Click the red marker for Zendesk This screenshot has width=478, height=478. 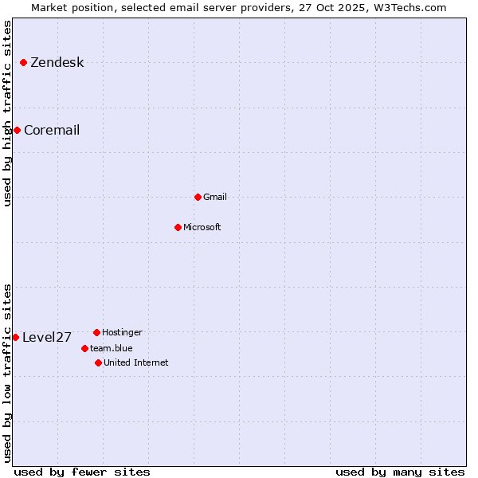[24, 62]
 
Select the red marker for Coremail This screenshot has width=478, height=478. [17, 130]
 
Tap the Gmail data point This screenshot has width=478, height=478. [198, 197]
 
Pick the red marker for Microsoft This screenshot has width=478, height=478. [178, 227]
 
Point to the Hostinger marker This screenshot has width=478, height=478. [96, 332]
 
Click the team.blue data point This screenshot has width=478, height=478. [84, 348]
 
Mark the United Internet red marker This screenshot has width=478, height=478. [98, 362]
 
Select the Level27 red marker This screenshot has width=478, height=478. [15, 337]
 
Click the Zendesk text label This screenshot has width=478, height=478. [57, 63]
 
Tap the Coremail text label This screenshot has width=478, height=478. [52, 131]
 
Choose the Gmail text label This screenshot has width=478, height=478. [215, 198]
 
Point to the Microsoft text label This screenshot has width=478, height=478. [202, 228]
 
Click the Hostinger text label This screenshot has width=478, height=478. [122, 333]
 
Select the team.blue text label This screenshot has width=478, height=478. [112, 349]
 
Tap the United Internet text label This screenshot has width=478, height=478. [136, 363]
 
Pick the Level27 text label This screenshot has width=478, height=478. [47, 338]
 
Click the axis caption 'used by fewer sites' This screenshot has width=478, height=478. [82, 472]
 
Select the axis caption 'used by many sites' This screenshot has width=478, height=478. [400, 472]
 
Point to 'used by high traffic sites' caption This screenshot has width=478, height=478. [7, 113]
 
